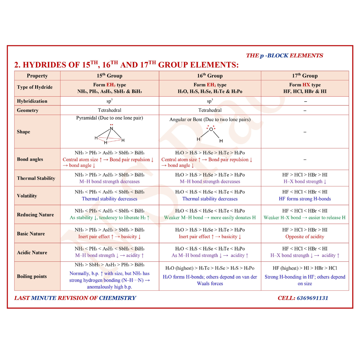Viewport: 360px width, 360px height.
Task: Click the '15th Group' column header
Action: (x=109, y=76)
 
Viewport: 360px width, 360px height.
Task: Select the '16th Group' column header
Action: (x=210, y=76)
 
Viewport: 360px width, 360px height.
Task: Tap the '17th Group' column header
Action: (x=305, y=76)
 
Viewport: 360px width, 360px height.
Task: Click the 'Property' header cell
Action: (x=37, y=76)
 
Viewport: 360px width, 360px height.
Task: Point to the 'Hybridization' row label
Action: (x=32, y=101)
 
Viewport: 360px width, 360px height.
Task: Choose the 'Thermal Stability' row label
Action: (x=36, y=178)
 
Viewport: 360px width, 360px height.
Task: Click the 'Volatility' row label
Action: (x=27, y=196)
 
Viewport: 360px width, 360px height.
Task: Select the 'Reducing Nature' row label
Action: (x=35, y=215)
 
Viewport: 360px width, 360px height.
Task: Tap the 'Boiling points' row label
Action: (x=32, y=276)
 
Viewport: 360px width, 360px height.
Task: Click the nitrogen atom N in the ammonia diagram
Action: (x=112, y=129)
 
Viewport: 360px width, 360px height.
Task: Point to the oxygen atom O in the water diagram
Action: (x=211, y=129)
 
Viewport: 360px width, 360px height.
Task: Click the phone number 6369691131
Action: (x=312, y=298)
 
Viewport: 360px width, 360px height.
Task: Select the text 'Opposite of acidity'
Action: (x=305, y=237)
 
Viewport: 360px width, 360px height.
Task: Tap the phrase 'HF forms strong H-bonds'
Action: (x=305, y=199)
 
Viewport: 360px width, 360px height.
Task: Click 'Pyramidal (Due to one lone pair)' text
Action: (x=109, y=118)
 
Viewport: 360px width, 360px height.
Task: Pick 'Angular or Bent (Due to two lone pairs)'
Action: (x=210, y=119)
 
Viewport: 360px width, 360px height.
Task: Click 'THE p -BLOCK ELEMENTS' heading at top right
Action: (x=284, y=56)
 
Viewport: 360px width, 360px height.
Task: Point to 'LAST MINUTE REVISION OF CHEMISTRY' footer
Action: (x=75, y=298)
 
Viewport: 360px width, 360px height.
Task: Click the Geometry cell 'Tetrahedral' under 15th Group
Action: (x=109, y=110)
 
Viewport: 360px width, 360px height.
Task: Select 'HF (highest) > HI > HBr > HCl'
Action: (x=305, y=268)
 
